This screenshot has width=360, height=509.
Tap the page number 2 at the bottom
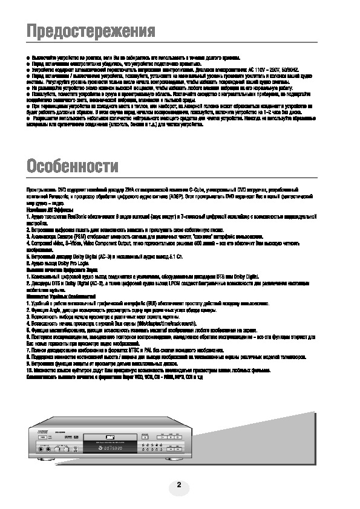pos(179,484)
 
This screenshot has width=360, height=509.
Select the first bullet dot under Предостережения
pos(28,57)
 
